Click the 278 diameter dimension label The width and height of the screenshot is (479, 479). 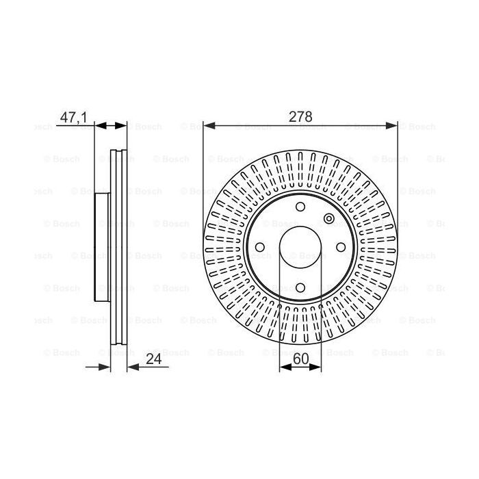(x=300, y=117)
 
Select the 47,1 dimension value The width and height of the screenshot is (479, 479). (x=74, y=117)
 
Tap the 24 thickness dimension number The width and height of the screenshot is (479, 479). (x=154, y=359)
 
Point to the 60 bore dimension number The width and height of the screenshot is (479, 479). (x=301, y=359)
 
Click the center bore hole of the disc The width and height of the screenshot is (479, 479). (x=300, y=248)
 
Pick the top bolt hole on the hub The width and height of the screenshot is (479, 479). (x=300, y=207)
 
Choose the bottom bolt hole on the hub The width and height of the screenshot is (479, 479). (x=300, y=287)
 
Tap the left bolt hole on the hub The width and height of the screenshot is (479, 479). (x=260, y=247)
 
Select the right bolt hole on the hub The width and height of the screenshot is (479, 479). (x=341, y=247)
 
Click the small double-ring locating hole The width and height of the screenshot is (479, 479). (x=329, y=219)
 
